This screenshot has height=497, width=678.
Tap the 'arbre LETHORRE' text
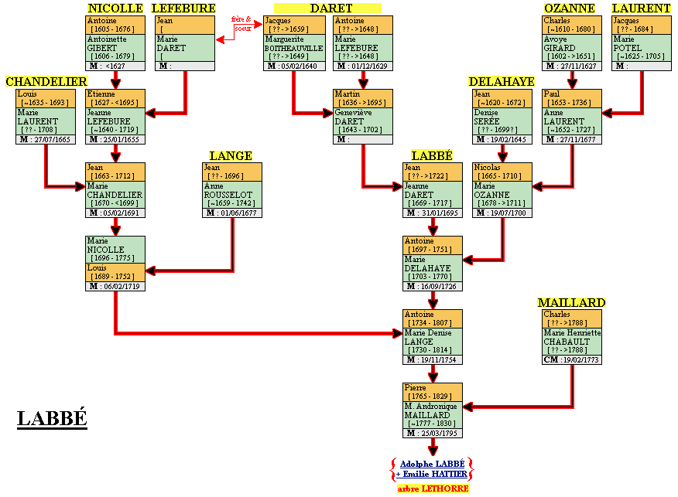coord(433,488)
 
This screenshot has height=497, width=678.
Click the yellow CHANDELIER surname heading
coord(46,81)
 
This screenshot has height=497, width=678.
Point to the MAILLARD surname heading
coord(571,302)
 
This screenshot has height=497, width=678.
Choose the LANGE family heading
coord(231,155)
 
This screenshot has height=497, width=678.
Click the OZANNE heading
coord(569,8)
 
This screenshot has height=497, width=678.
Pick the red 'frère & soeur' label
coord(241,23)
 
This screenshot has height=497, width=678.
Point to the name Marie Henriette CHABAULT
coord(571,337)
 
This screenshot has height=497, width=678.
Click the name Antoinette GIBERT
coord(107,43)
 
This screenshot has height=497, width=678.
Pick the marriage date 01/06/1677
coord(231,213)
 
